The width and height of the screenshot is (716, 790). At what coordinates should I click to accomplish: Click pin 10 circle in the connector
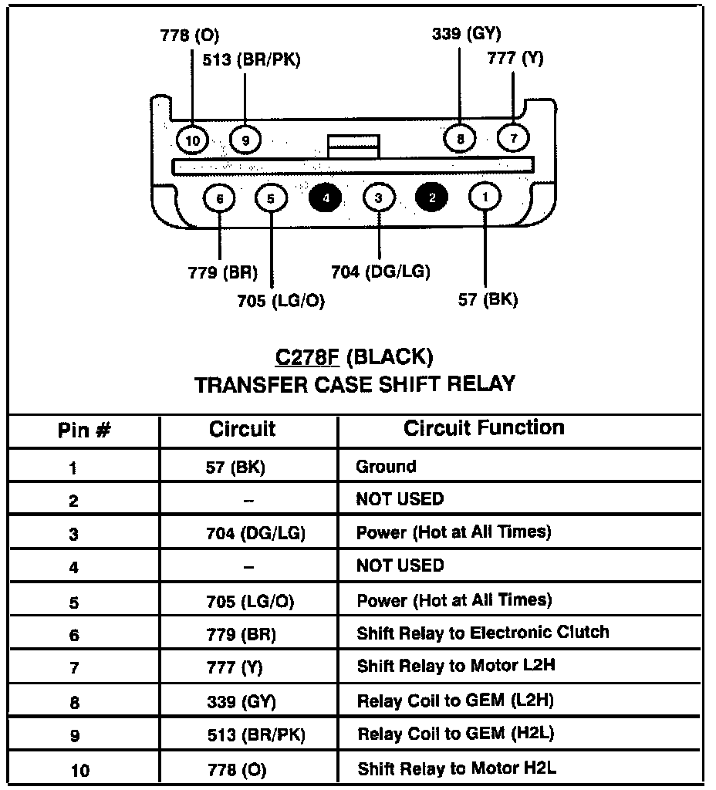pos(192,140)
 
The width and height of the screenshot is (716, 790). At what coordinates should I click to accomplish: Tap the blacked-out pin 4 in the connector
pos(325,197)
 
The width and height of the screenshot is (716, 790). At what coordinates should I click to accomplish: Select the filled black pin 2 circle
pos(431,197)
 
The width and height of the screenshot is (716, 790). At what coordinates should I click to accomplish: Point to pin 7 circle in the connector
pos(514,138)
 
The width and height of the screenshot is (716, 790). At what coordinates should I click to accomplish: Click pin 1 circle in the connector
pos(485,197)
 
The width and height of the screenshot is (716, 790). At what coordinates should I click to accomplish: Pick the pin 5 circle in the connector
pos(271,197)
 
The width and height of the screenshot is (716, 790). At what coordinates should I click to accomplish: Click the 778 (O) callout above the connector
pos(189,35)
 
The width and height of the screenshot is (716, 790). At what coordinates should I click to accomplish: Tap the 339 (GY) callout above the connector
pos(465,33)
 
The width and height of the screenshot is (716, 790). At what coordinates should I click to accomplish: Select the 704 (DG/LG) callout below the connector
pos(380,271)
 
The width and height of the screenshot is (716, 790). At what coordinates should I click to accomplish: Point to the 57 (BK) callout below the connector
pos(488,300)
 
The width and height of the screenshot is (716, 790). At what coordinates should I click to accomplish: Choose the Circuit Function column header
pos(484,428)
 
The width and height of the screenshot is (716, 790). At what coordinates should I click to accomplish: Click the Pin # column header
pos(84,430)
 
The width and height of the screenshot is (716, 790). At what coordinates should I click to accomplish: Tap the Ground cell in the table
pos(386,467)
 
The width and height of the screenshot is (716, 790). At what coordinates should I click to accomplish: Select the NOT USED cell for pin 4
pos(400,565)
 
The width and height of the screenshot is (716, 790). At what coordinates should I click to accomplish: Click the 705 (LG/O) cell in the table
pos(250,601)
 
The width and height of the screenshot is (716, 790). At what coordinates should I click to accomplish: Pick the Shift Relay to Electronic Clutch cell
pos(482,633)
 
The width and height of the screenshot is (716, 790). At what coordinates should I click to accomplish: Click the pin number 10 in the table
pos(79,770)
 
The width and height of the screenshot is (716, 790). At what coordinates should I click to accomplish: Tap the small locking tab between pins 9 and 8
pos(353,146)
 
